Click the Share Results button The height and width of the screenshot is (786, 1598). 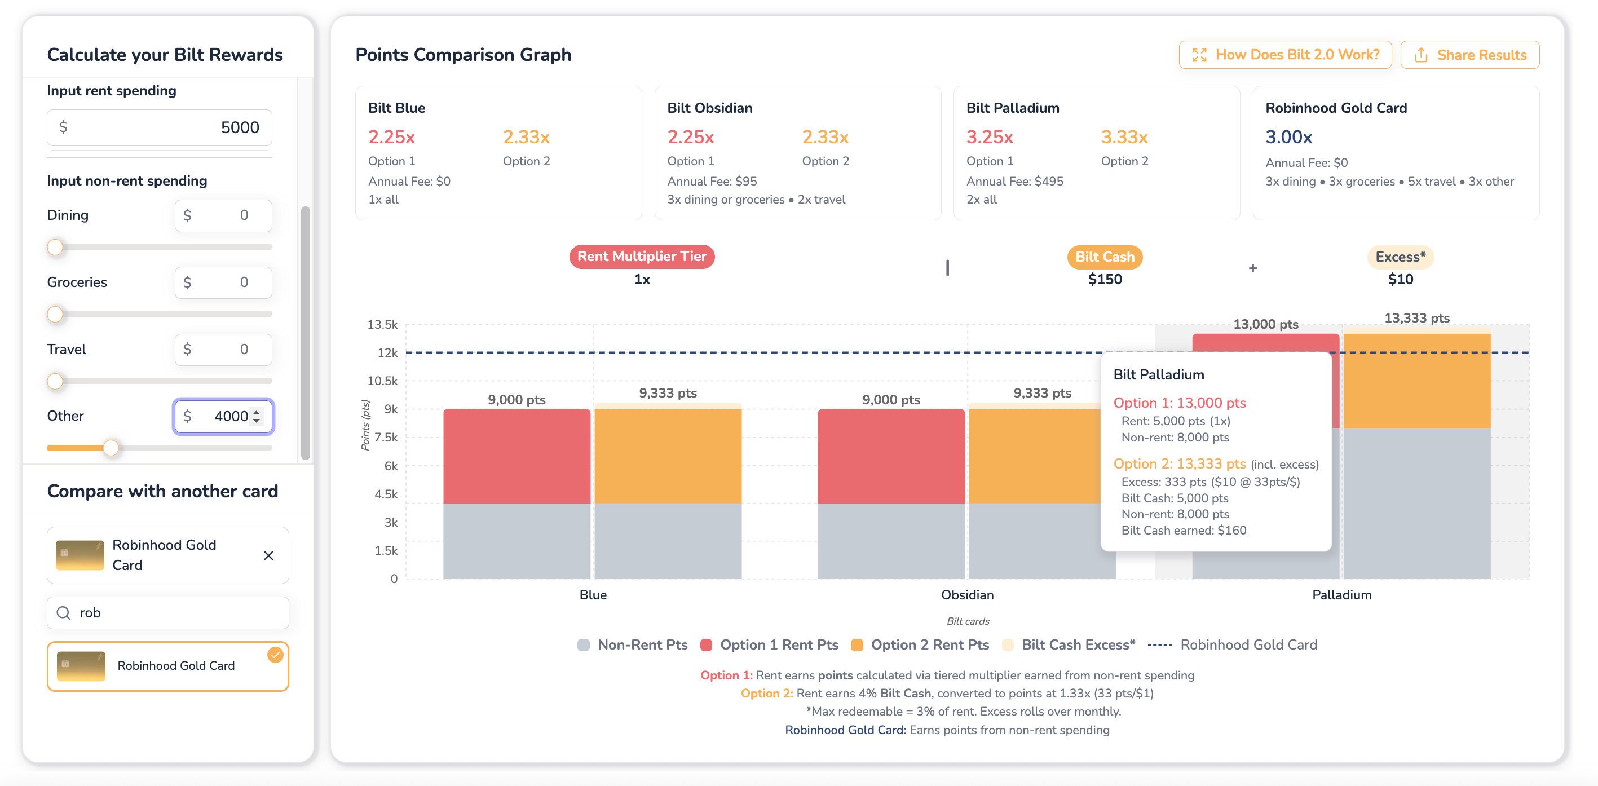(x=1469, y=55)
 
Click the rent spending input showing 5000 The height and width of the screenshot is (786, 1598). (x=160, y=127)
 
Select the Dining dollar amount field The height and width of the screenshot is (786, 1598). (x=223, y=215)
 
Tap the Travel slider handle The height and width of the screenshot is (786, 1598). (x=55, y=381)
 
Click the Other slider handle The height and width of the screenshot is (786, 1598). (x=111, y=447)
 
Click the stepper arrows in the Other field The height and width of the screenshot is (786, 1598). (x=256, y=416)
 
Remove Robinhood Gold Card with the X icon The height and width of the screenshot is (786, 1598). (x=268, y=555)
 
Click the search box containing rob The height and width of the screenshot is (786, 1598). (x=167, y=613)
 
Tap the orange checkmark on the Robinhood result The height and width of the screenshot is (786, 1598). (x=275, y=655)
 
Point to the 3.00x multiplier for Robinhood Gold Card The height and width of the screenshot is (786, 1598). (x=1288, y=136)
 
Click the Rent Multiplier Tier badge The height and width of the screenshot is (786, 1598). (x=642, y=256)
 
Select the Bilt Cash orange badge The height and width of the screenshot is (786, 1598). (x=1104, y=257)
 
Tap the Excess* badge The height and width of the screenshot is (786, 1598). (x=1400, y=257)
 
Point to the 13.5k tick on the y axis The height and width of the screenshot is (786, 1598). (x=383, y=324)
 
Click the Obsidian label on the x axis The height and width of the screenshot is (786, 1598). (x=967, y=595)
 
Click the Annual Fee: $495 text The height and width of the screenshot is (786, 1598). (x=1014, y=181)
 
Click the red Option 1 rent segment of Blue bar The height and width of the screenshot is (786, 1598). (x=517, y=456)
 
